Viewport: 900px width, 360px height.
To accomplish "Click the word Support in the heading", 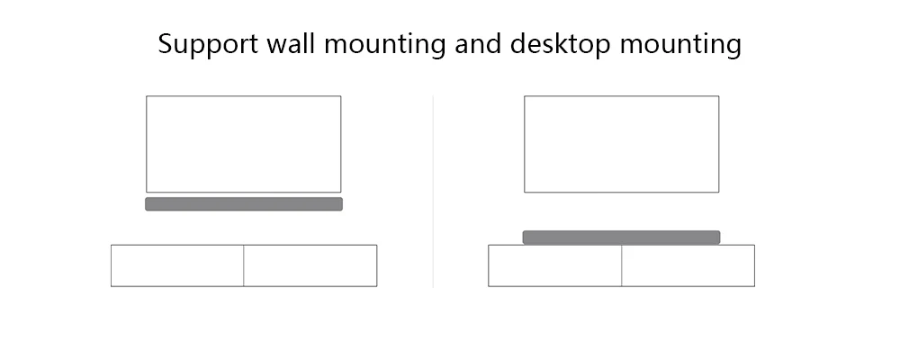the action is (209, 44).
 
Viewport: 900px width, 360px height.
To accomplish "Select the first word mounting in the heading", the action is (384, 45).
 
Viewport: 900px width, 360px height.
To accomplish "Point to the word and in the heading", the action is (478, 43).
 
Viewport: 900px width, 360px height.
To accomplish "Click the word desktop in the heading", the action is (560, 44).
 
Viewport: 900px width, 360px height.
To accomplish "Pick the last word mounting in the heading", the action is (680, 45).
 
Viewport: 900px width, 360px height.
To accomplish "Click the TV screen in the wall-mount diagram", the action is (243, 144).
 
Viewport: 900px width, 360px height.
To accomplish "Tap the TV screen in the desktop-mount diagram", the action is (622, 144).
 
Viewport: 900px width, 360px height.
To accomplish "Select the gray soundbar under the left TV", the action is (244, 203).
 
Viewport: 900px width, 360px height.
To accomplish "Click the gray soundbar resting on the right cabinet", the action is (622, 238).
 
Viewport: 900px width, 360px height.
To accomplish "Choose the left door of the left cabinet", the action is (177, 265).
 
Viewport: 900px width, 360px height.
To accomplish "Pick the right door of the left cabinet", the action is (310, 265).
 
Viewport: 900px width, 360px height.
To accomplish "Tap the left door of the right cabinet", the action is (555, 265).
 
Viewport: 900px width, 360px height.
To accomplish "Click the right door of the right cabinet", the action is (688, 265).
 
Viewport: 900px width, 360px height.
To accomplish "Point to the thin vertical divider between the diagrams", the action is (433, 191).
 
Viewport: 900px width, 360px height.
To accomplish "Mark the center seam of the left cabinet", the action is (243, 265).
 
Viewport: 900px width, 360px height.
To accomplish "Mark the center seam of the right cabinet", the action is (622, 265).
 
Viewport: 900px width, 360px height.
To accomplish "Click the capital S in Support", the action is (166, 43).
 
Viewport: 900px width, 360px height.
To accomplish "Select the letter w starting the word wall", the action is (276, 47).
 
